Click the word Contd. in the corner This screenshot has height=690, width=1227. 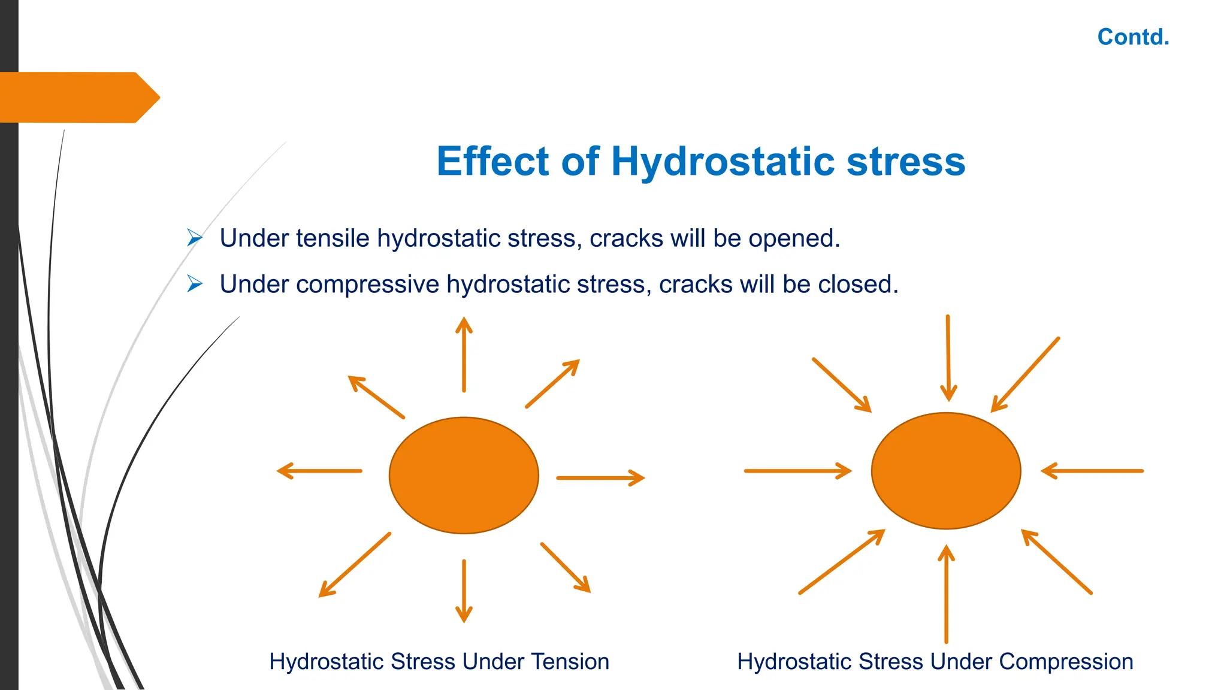(1133, 37)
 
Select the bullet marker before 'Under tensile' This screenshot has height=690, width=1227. (194, 238)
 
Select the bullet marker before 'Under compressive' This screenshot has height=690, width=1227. (194, 283)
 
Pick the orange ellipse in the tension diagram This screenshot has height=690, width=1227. (464, 475)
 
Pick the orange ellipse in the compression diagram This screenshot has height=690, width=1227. (946, 471)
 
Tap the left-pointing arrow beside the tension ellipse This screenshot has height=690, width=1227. (319, 471)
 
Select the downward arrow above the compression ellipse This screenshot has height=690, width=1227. (948, 358)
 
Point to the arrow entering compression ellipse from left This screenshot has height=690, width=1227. (797, 471)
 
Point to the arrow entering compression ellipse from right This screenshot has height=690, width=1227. (1092, 471)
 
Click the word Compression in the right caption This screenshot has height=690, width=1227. (1066, 662)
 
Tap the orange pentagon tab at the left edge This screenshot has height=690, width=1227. (78, 97)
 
